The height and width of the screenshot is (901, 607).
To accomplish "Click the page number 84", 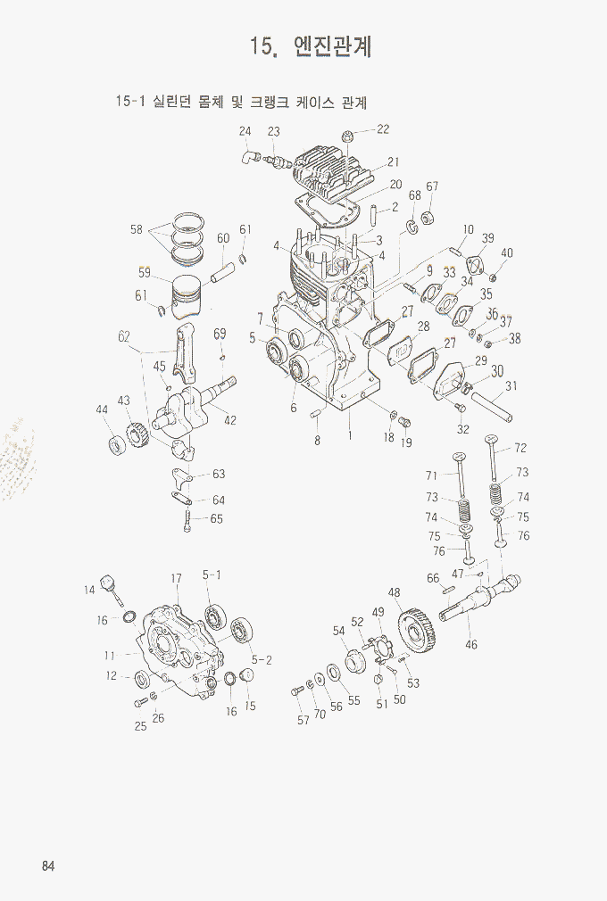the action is tap(48, 866).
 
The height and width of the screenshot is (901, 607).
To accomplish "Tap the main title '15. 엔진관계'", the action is tap(311, 46).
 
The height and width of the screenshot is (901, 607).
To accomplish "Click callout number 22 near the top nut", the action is tap(383, 129).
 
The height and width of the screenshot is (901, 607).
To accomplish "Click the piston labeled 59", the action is tap(187, 294).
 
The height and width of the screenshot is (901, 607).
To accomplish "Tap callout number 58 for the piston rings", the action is tap(137, 229).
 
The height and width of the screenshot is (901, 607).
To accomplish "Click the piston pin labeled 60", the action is tap(222, 272).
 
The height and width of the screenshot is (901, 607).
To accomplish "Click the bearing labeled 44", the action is tap(117, 445).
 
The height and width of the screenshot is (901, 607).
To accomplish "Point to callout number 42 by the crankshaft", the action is tap(230, 420).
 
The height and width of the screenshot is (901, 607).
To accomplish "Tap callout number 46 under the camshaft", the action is tap(471, 644).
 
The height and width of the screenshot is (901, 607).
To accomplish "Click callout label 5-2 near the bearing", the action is tap(262, 661).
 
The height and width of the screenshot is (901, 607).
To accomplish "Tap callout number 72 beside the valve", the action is tap(520, 448).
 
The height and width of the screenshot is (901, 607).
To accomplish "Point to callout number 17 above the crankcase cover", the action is tap(177, 579).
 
